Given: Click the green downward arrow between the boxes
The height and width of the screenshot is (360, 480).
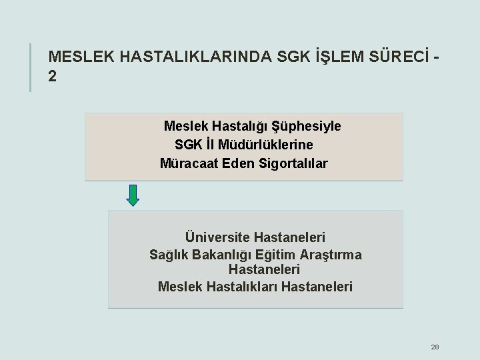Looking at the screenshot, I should [133, 194].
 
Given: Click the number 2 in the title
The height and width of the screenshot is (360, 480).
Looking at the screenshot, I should [53, 76].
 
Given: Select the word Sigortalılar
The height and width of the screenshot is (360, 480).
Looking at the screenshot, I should [293, 163].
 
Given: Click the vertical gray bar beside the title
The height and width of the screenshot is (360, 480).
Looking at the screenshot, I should [31, 67].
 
